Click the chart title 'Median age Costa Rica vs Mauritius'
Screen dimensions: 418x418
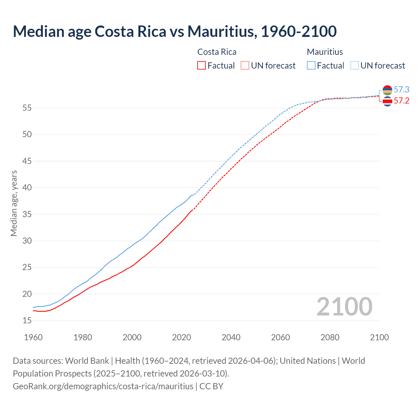pos(174,31)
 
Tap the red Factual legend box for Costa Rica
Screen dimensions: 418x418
pos(201,65)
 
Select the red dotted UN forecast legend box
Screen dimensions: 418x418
pos(245,65)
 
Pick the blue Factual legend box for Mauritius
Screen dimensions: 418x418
pos(311,65)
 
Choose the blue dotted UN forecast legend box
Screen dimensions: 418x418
pos(355,65)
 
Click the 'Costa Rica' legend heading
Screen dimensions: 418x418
pos(217,52)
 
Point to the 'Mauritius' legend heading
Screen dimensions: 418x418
pos(325,52)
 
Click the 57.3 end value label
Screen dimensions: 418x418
pos(401,89)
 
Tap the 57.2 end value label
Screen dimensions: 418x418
pos(401,101)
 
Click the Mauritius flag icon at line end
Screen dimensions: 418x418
pos(387,90)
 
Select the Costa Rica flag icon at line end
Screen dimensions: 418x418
pos(387,102)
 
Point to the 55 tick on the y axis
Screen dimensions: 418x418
pos(27,108)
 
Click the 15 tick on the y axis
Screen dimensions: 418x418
pos(27,321)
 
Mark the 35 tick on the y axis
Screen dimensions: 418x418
pos(27,214)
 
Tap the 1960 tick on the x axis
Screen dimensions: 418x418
pos(33,337)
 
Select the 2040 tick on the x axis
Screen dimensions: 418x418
pos(231,337)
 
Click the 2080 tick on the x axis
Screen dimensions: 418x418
pos(330,337)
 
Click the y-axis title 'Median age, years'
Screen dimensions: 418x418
pos(14,203)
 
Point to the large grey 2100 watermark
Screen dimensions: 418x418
pos(344,306)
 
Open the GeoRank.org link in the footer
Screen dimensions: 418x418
pos(103,386)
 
